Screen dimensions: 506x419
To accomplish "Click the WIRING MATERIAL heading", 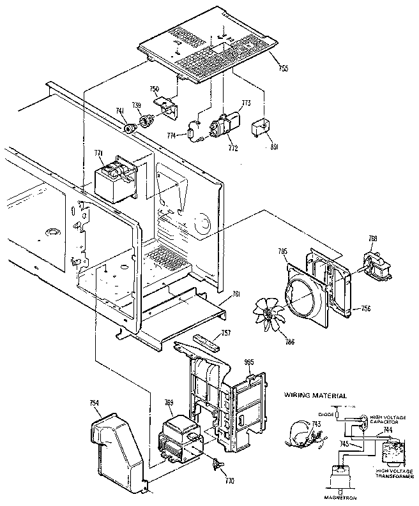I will (x=316, y=396).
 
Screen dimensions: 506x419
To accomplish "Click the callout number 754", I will (x=94, y=403).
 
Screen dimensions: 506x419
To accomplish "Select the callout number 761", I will (x=236, y=294).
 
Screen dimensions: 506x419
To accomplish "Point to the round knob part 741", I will (x=132, y=129).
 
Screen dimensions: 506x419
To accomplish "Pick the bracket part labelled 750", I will (x=167, y=105).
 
